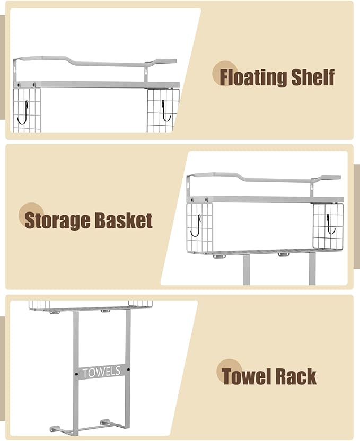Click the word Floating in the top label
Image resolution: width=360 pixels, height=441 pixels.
[253, 77]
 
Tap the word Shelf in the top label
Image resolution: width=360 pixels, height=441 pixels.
[313, 77]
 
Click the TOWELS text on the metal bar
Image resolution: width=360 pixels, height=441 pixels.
[101, 372]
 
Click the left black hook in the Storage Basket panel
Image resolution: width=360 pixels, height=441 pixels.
[195, 226]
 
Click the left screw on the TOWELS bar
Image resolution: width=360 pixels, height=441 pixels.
[77, 374]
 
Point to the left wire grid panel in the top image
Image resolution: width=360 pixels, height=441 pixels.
[27, 110]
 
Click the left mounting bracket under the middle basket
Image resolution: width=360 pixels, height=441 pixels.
[219, 256]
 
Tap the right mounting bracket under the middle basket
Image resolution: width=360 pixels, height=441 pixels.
[284, 254]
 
